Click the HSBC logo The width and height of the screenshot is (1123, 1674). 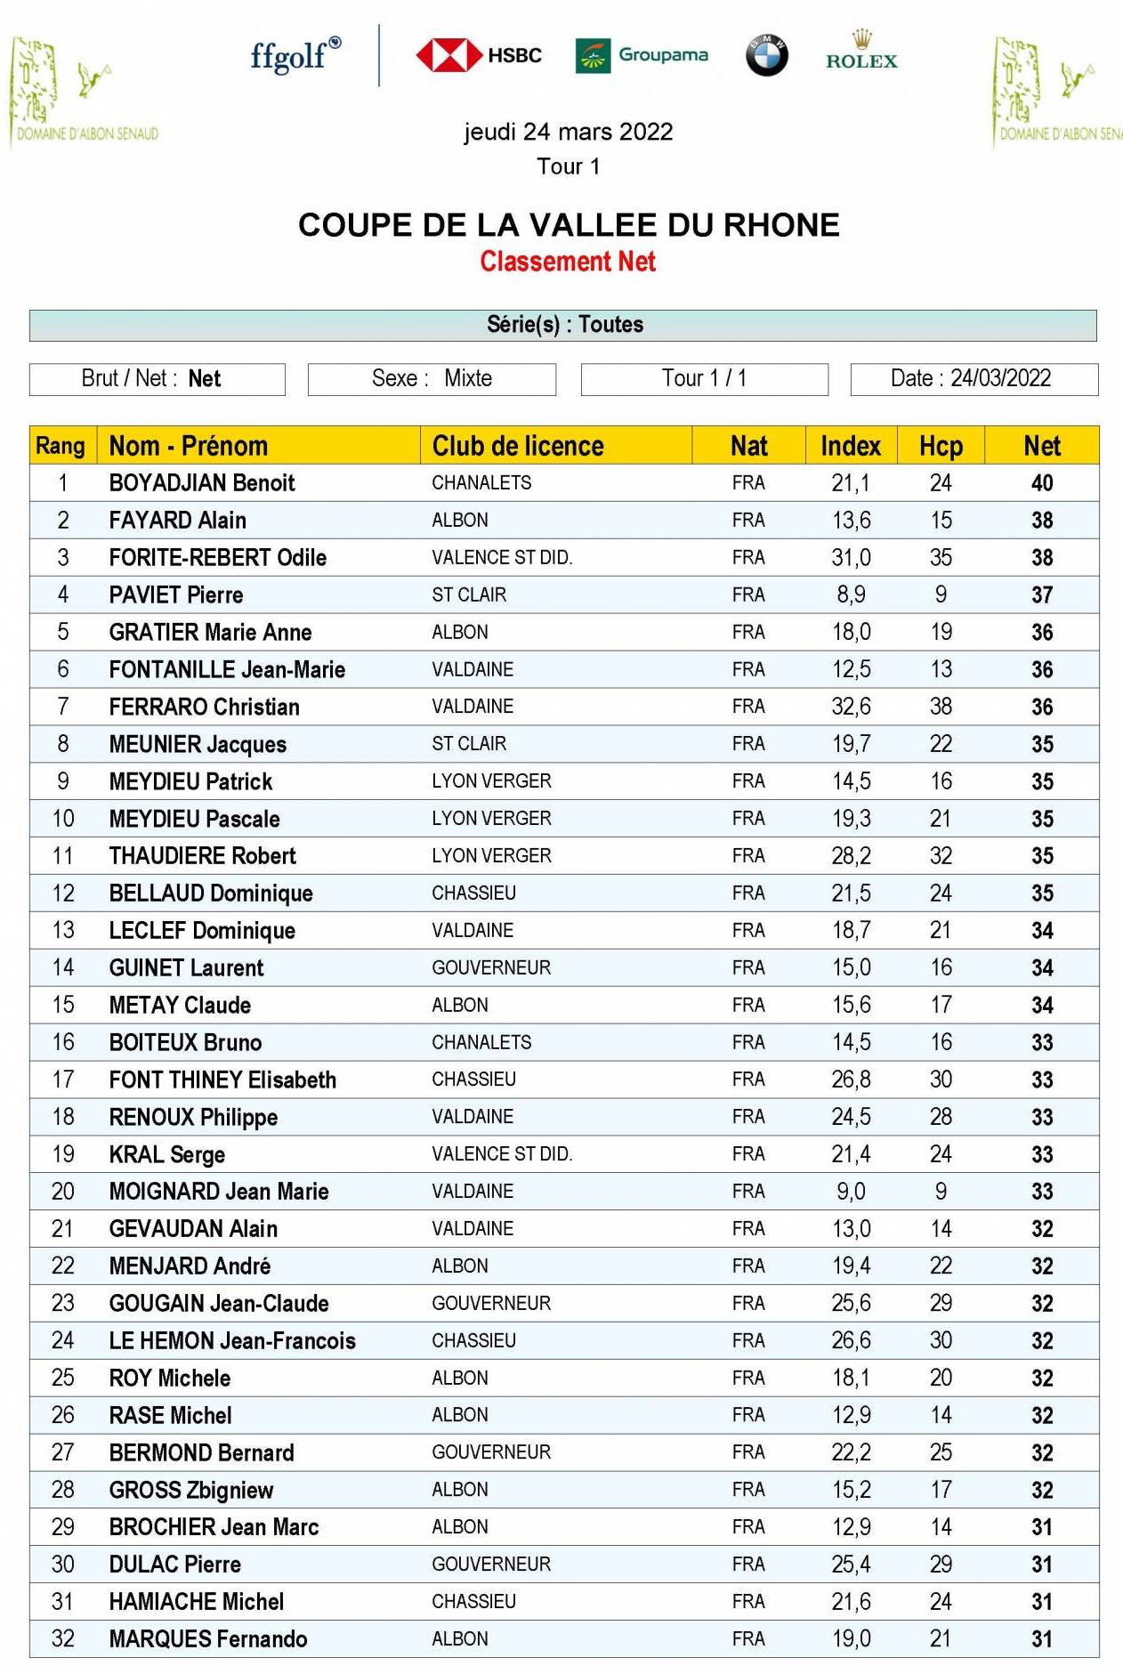tap(479, 55)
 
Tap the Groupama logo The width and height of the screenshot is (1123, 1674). tap(642, 55)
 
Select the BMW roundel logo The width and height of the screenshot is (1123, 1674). tap(766, 55)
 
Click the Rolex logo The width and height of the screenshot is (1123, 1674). tap(860, 52)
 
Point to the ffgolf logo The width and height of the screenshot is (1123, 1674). tap(295, 55)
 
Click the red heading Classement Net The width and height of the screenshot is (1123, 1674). tap(568, 262)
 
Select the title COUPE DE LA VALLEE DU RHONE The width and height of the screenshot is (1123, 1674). tap(569, 225)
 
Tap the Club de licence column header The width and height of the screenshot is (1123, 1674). tap(518, 446)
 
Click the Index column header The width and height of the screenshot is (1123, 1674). tap(850, 446)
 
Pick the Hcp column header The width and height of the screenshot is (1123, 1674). tap(941, 446)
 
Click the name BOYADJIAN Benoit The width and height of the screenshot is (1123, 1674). tap(202, 483)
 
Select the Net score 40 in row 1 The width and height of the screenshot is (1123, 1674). tap(1041, 483)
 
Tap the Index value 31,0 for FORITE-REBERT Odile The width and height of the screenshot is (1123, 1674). tap(851, 558)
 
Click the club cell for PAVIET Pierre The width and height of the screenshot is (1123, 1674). tap(469, 595)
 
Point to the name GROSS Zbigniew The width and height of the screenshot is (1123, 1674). tap(191, 1490)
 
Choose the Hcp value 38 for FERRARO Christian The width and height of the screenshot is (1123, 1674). tap(941, 707)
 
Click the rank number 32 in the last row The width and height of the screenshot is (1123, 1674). tap(63, 1638)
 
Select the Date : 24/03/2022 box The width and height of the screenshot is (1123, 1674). tap(974, 379)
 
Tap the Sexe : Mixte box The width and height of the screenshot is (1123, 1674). tap(432, 379)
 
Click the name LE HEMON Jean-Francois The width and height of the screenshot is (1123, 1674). tap(232, 1341)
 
